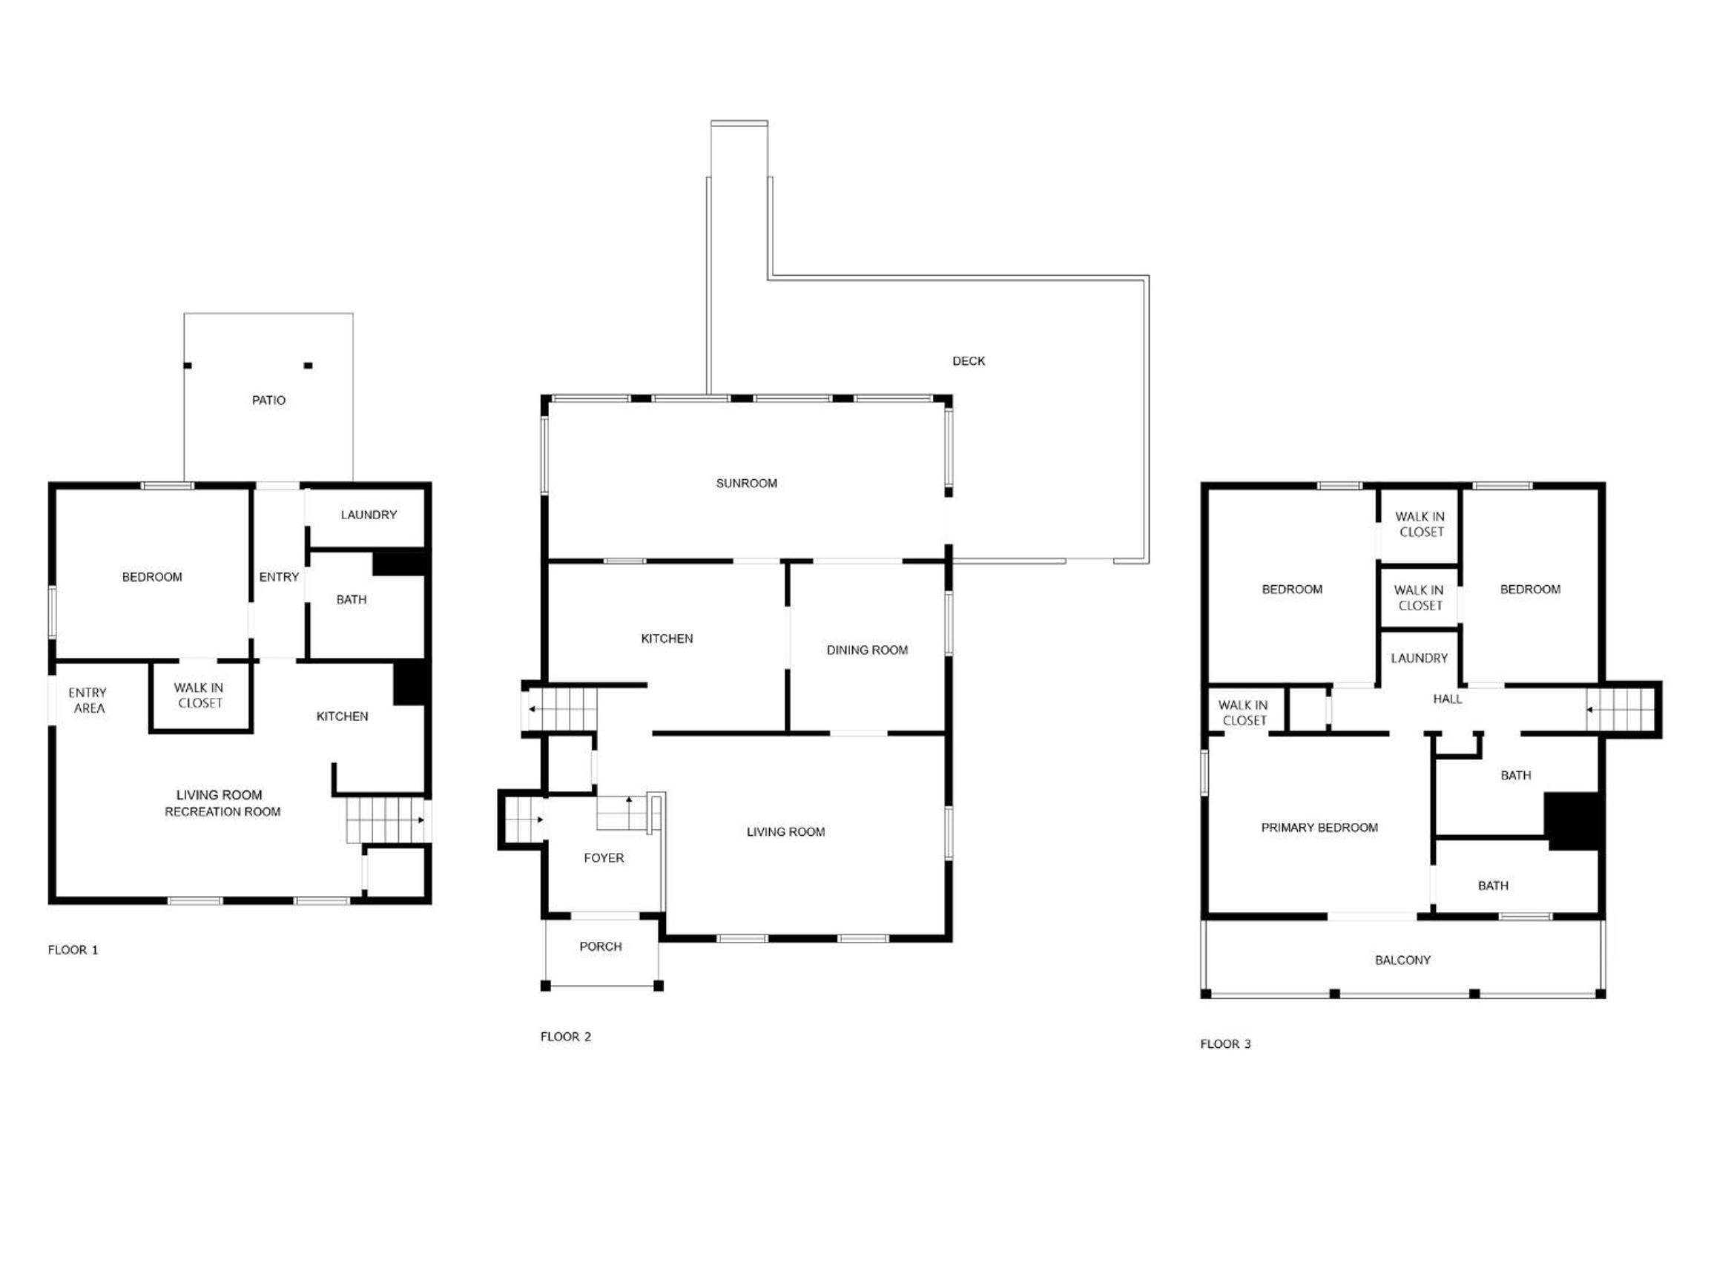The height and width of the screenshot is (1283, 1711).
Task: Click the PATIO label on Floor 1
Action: pos(268,400)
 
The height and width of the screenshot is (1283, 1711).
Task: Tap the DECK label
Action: pos(969,361)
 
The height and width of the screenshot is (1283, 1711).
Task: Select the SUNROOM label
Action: pos(746,484)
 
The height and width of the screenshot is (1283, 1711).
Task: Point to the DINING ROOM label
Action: pos(867,650)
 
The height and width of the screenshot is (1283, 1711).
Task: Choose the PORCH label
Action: pos(601,946)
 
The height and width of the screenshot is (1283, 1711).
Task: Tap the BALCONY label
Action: pos(1402,960)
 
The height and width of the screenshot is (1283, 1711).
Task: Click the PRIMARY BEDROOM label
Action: pos(1319,828)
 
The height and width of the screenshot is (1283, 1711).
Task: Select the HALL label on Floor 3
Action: pos(1447,699)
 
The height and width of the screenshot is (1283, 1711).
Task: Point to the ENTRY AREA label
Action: pos(88,701)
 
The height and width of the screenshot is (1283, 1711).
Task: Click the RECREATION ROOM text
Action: pos(222,812)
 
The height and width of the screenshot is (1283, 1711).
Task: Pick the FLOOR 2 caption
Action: pos(565,1037)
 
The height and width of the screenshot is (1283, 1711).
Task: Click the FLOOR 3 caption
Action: pos(1225,1044)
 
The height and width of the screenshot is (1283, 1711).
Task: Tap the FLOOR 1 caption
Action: pos(73,951)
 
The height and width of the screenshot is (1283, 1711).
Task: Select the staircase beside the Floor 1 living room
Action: pos(384,819)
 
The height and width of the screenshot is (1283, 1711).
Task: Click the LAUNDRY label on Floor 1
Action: pos(369,515)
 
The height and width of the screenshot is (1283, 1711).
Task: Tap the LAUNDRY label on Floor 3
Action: pos(1420,658)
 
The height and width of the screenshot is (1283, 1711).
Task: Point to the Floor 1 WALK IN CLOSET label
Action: pos(200,695)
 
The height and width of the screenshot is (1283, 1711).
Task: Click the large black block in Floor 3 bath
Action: pos(1572,821)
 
